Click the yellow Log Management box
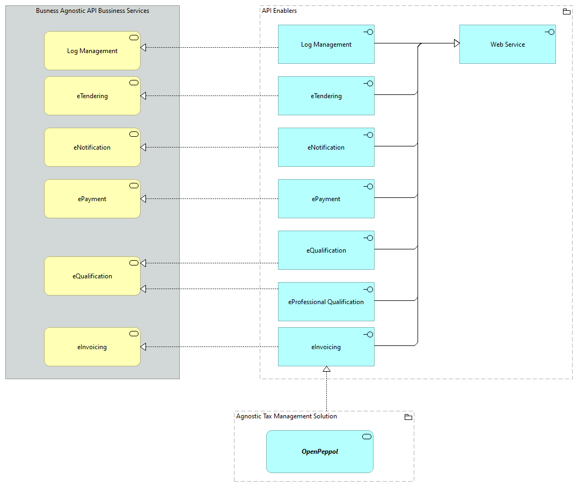[92, 51]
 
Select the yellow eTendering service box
[92, 96]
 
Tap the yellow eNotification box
[92, 147]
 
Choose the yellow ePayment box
[92, 199]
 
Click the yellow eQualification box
[92, 276]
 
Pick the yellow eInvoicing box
[92, 347]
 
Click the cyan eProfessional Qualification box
[326, 302]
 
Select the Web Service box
[507, 45]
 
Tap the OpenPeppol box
[319, 452]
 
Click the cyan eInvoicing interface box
[326, 347]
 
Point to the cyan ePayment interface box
[326, 199]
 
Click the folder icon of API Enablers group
[566, 11]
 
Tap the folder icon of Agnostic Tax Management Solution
[408, 417]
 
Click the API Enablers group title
[279, 11]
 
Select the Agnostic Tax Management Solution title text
[287, 416]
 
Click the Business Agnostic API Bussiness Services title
[92, 11]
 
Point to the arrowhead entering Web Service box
[456, 43]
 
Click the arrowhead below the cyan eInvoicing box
[326, 369]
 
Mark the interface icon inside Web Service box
[549, 32]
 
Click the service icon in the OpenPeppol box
[367, 437]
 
